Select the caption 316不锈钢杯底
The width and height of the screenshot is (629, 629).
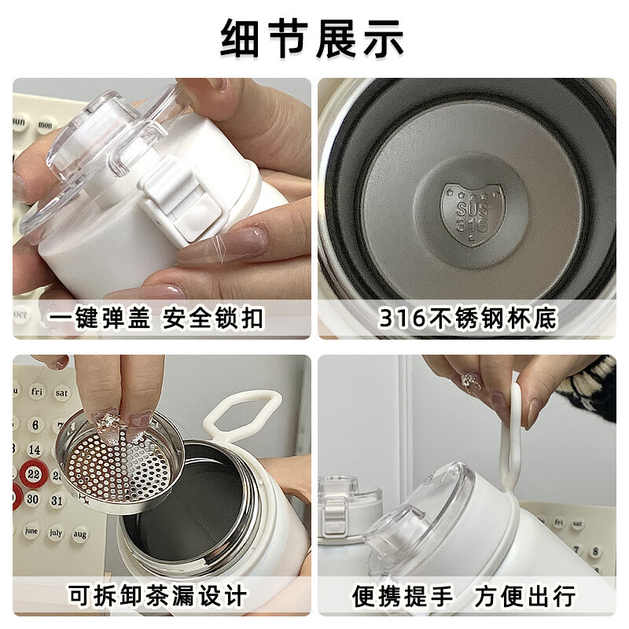pos(468,318)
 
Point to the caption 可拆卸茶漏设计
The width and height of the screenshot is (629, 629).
pos(157,595)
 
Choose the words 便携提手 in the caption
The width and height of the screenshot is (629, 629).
pos(403,595)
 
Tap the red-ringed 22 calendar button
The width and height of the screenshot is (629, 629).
pos(33,473)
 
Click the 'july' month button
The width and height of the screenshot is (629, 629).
pos(56,531)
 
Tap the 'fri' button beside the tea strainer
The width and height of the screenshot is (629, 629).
pos(38,390)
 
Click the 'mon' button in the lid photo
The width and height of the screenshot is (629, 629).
pos(46,123)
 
